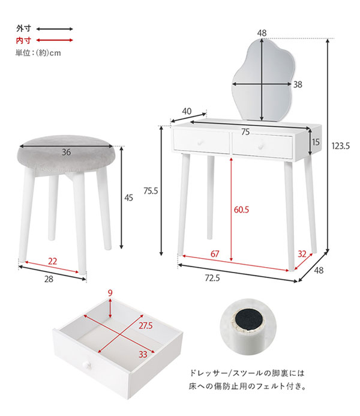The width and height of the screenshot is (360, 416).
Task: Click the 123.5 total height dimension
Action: click(341, 146)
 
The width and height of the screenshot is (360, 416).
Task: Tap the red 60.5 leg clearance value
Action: click(241, 210)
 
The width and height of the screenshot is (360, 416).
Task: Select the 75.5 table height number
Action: click(151, 191)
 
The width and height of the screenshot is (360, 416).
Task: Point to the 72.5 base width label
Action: click(212, 278)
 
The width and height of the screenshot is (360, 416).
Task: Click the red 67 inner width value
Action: click(215, 254)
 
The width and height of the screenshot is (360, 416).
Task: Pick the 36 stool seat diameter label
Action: click(66, 152)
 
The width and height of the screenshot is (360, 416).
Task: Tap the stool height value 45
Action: click(128, 197)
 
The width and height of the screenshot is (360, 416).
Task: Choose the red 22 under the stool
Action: click(52, 261)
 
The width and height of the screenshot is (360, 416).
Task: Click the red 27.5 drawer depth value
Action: click(146, 325)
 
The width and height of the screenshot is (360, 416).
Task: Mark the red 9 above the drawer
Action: click(110, 293)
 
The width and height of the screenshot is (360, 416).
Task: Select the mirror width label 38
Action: click(298, 85)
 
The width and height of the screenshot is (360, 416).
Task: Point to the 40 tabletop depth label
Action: click(187, 111)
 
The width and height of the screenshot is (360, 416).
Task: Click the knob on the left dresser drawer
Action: click(200, 142)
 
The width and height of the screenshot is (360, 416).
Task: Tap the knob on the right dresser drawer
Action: click(261, 146)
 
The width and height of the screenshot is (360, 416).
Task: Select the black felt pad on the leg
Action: click(249, 321)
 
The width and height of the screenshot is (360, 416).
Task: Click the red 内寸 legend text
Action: click(23, 40)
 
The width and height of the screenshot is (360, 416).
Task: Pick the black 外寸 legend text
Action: click(23, 28)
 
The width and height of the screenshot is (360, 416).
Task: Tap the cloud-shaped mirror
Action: click(263, 81)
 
